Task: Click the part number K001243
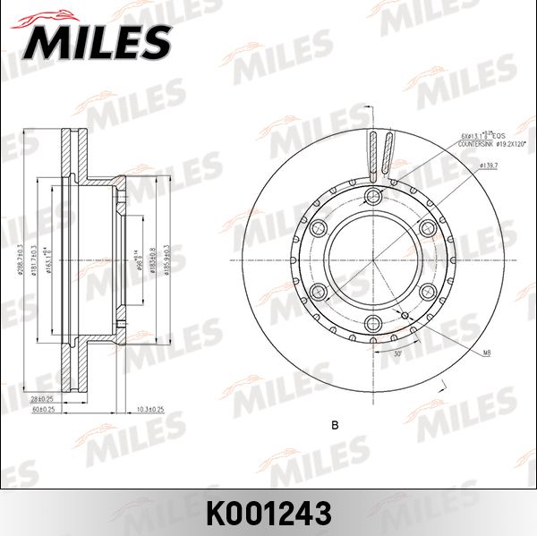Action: (268, 513)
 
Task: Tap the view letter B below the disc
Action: (334, 425)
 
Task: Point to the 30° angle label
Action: (396, 354)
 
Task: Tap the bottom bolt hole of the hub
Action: (373, 322)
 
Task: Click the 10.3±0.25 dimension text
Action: (150, 408)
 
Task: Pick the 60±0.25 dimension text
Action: (43, 409)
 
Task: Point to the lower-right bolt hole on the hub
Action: (426, 292)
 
